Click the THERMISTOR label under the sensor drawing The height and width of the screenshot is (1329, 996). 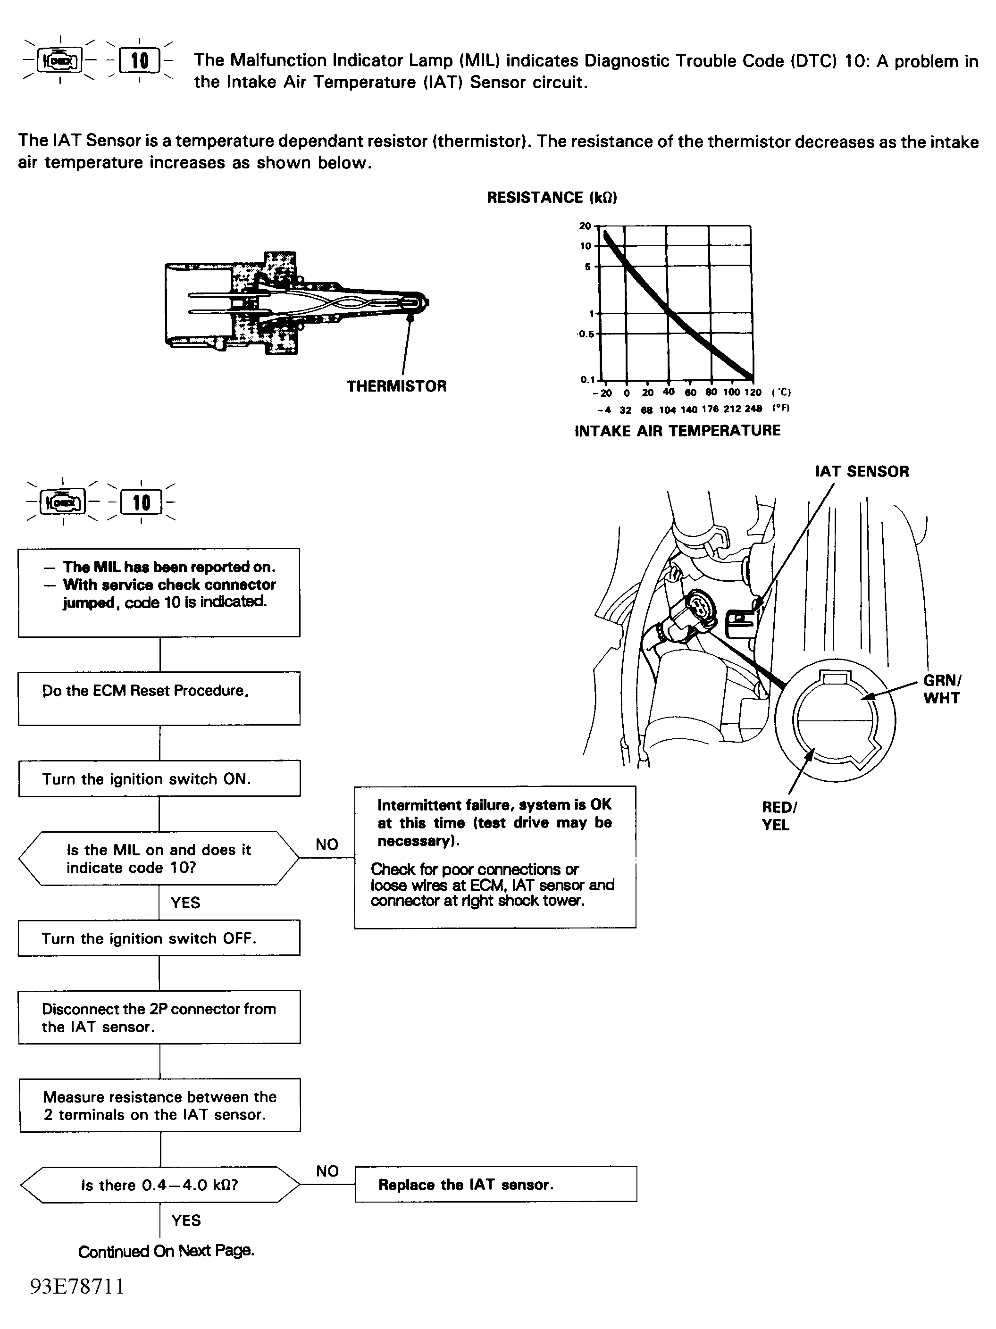[x=396, y=386]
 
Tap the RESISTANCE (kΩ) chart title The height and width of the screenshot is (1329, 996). [x=552, y=198]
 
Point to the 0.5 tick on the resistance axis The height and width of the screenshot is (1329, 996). [x=586, y=334]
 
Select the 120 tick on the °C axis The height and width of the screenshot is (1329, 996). [x=753, y=393]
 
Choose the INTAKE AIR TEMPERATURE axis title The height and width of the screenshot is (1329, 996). [x=677, y=431]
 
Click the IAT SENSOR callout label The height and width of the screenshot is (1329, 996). [x=862, y=472]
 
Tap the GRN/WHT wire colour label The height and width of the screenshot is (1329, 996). [x=941, y=689]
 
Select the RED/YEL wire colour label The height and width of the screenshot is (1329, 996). [x=779, y=816]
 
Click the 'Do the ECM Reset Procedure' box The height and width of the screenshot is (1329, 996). [x=159, y=698]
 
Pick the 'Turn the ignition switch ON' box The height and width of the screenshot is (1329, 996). [x=159, y=778]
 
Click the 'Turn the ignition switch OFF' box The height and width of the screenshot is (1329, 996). [x=159, y=938]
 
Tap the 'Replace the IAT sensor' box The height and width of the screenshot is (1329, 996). [x=495, y=1184]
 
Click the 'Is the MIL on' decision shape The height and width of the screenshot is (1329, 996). [x=159, y=859]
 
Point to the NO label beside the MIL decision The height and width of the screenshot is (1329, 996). [x=327, y=845]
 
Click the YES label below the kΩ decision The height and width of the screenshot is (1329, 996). [x=185, y=1220]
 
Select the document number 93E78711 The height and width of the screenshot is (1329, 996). [x=77, y=1287]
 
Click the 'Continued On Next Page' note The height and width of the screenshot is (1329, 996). [x=167, y=1252]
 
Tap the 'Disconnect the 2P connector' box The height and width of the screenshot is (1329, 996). [x=159, y=1017]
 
